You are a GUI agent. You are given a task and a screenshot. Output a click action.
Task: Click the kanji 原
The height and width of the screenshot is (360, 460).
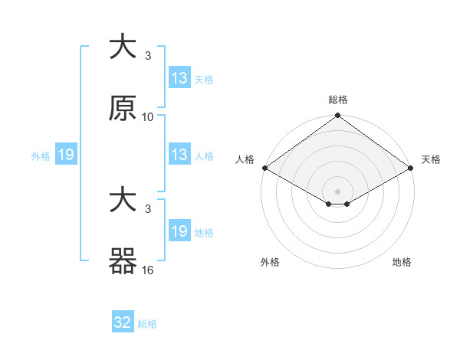coord(122,108)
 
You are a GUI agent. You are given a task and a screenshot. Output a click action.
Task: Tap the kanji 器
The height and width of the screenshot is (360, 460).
coord(122,260)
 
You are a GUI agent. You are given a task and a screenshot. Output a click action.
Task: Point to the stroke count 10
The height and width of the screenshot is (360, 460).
coord(148,117)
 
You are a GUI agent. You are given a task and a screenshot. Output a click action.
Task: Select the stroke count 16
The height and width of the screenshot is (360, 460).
coord(148,270)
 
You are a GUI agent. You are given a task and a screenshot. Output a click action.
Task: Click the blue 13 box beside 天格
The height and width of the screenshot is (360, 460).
coord(179,78)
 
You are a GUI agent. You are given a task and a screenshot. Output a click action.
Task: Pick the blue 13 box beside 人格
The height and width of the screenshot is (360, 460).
coord(179,155)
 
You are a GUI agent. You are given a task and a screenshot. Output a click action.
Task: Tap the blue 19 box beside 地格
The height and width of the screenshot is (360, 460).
coord(179,231)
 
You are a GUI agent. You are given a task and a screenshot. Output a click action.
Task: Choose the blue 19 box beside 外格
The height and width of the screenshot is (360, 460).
coord(66,155)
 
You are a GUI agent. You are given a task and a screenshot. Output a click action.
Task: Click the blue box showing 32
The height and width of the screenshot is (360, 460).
coord(123,322)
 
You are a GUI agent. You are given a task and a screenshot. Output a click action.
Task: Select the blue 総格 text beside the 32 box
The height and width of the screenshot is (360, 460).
coord(147,324)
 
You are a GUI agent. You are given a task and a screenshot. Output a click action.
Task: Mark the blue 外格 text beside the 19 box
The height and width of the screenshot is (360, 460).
coord(41,155)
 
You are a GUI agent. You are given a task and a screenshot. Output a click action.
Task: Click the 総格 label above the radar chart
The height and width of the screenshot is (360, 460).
coord(338,100)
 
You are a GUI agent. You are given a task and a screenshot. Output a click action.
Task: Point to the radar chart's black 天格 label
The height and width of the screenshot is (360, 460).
coord(431,159)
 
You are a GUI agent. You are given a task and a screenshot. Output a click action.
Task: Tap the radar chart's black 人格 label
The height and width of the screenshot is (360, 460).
coord(245,159)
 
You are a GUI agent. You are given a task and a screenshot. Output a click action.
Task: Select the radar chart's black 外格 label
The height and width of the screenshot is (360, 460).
coord(270,262)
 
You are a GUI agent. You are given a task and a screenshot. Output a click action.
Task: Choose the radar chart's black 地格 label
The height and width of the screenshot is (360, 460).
coord(402,262)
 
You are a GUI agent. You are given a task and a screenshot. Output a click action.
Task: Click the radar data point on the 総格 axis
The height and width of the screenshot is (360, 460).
coord(338,116)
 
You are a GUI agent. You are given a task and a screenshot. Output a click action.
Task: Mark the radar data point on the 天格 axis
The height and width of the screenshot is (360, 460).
coord(412,168)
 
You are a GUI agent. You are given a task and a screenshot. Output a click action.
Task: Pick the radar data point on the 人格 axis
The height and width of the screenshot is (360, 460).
coord(264,168)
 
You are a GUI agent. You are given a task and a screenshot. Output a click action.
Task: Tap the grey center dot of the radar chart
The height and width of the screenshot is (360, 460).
coord(338,191)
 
